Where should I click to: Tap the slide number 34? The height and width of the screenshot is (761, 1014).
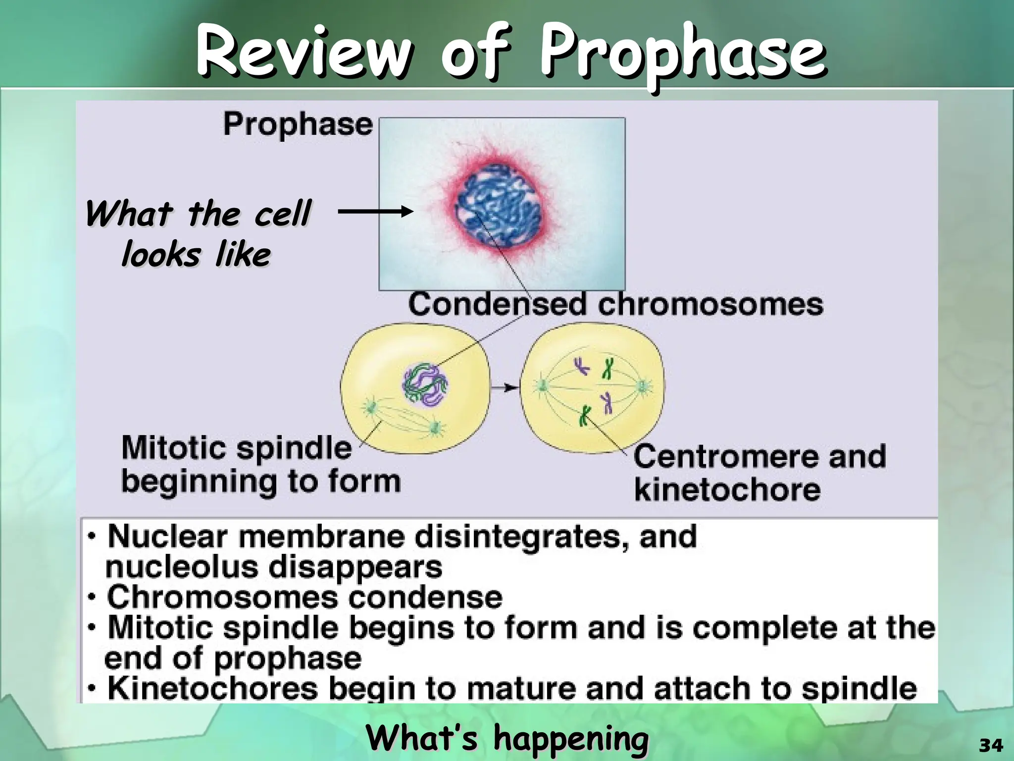coord(991,745)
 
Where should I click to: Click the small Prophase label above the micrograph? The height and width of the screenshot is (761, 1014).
coord(298,124)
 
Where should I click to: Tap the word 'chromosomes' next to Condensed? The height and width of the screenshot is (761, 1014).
coord(710,304)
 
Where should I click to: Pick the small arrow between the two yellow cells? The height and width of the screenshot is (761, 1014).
coord(505,387)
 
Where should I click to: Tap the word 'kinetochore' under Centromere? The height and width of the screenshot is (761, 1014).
coord(727,489)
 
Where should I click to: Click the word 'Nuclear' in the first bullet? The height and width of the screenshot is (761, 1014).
coord(168,536)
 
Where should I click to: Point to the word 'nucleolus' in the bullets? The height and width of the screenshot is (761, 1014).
coord(181,567)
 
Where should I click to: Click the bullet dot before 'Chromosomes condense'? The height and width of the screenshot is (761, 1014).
coord(92,598)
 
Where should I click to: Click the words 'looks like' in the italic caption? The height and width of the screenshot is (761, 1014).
coord(196,255)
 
